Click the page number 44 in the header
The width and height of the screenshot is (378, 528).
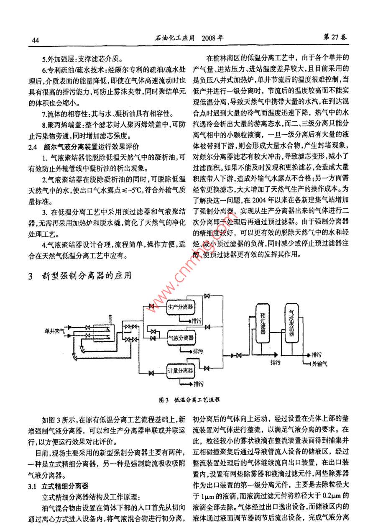pyautogui.click(x=35, y=40)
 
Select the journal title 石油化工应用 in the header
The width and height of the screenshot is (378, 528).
pyautogui.click(x=175, y=38)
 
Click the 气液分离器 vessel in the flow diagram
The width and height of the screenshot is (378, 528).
pyautogui.click(x=181, y=337)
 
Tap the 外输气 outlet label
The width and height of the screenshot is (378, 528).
pyautogui.click(x=319, y=364)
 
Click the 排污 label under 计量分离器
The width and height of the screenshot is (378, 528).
pyautogui.click(x=198, y=384)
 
